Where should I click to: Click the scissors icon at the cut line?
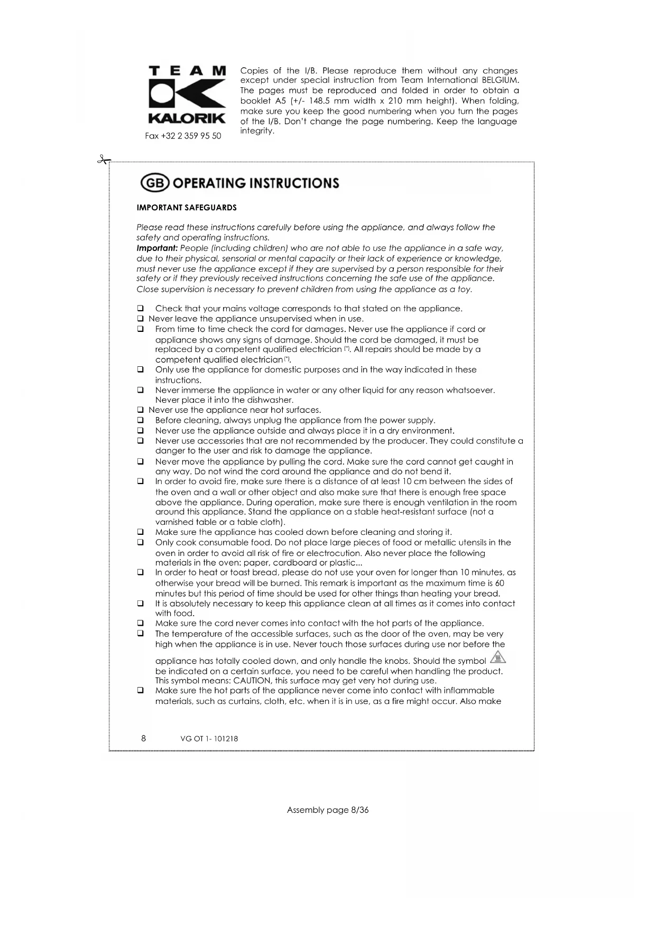[x=104, y=160]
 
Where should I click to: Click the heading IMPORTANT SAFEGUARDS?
[x=187, y=208]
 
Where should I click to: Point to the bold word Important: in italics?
[x=157, y=248]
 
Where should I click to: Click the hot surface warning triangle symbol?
[x=498, y=657]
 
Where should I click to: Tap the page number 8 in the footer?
[x=144, y=738]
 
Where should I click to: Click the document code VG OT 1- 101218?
[x=209, y=739]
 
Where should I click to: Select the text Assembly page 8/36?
[x=328, y=810]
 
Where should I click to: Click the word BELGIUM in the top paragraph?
[x=500, y=80]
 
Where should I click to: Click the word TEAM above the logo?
[x=187, y=71]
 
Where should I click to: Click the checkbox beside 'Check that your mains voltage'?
[x=141, y=309]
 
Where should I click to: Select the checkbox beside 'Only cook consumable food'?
[x=141, y=543]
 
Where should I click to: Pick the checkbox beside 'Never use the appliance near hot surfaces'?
[x=141, y=410]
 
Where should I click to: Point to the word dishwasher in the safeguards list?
[x=270, y=400]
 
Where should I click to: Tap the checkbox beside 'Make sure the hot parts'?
[x=141, y=691]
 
